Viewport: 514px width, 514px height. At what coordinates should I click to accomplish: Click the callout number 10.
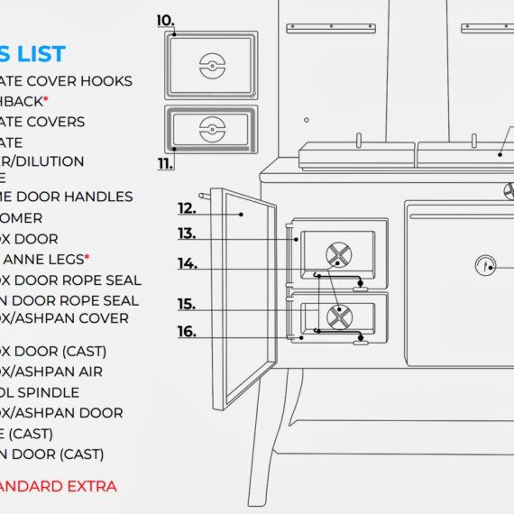165,20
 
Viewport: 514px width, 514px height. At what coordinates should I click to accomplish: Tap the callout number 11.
165,163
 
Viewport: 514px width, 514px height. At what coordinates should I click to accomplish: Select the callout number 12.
187,208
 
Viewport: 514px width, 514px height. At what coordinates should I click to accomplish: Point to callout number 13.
187,234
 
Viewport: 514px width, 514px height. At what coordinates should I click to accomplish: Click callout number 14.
187,263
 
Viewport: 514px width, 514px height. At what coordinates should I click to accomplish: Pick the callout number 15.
186,304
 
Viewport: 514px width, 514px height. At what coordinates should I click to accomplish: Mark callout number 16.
186,332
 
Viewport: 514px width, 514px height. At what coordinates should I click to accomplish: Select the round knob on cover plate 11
210,127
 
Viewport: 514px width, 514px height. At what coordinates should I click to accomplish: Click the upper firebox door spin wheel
338,254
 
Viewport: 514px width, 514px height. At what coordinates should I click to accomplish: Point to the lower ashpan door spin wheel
339,315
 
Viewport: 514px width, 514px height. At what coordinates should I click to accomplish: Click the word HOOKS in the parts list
103,81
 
